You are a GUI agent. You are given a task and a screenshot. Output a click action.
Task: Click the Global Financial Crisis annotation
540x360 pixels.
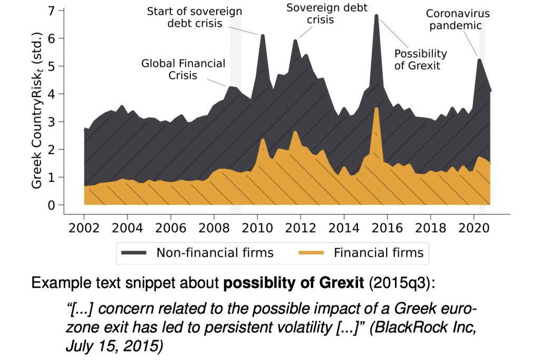(183, 70)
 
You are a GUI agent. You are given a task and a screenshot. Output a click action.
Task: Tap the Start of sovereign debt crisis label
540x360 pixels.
(194, 17)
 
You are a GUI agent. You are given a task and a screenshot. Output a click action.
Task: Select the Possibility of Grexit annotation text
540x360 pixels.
(420, 60)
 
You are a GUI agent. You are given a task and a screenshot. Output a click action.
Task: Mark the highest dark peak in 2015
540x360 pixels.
(377, 15)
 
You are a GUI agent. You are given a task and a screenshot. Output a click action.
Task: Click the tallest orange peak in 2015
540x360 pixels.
(377, 109)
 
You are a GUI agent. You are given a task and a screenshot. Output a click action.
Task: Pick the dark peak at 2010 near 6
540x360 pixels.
(262, 35)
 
